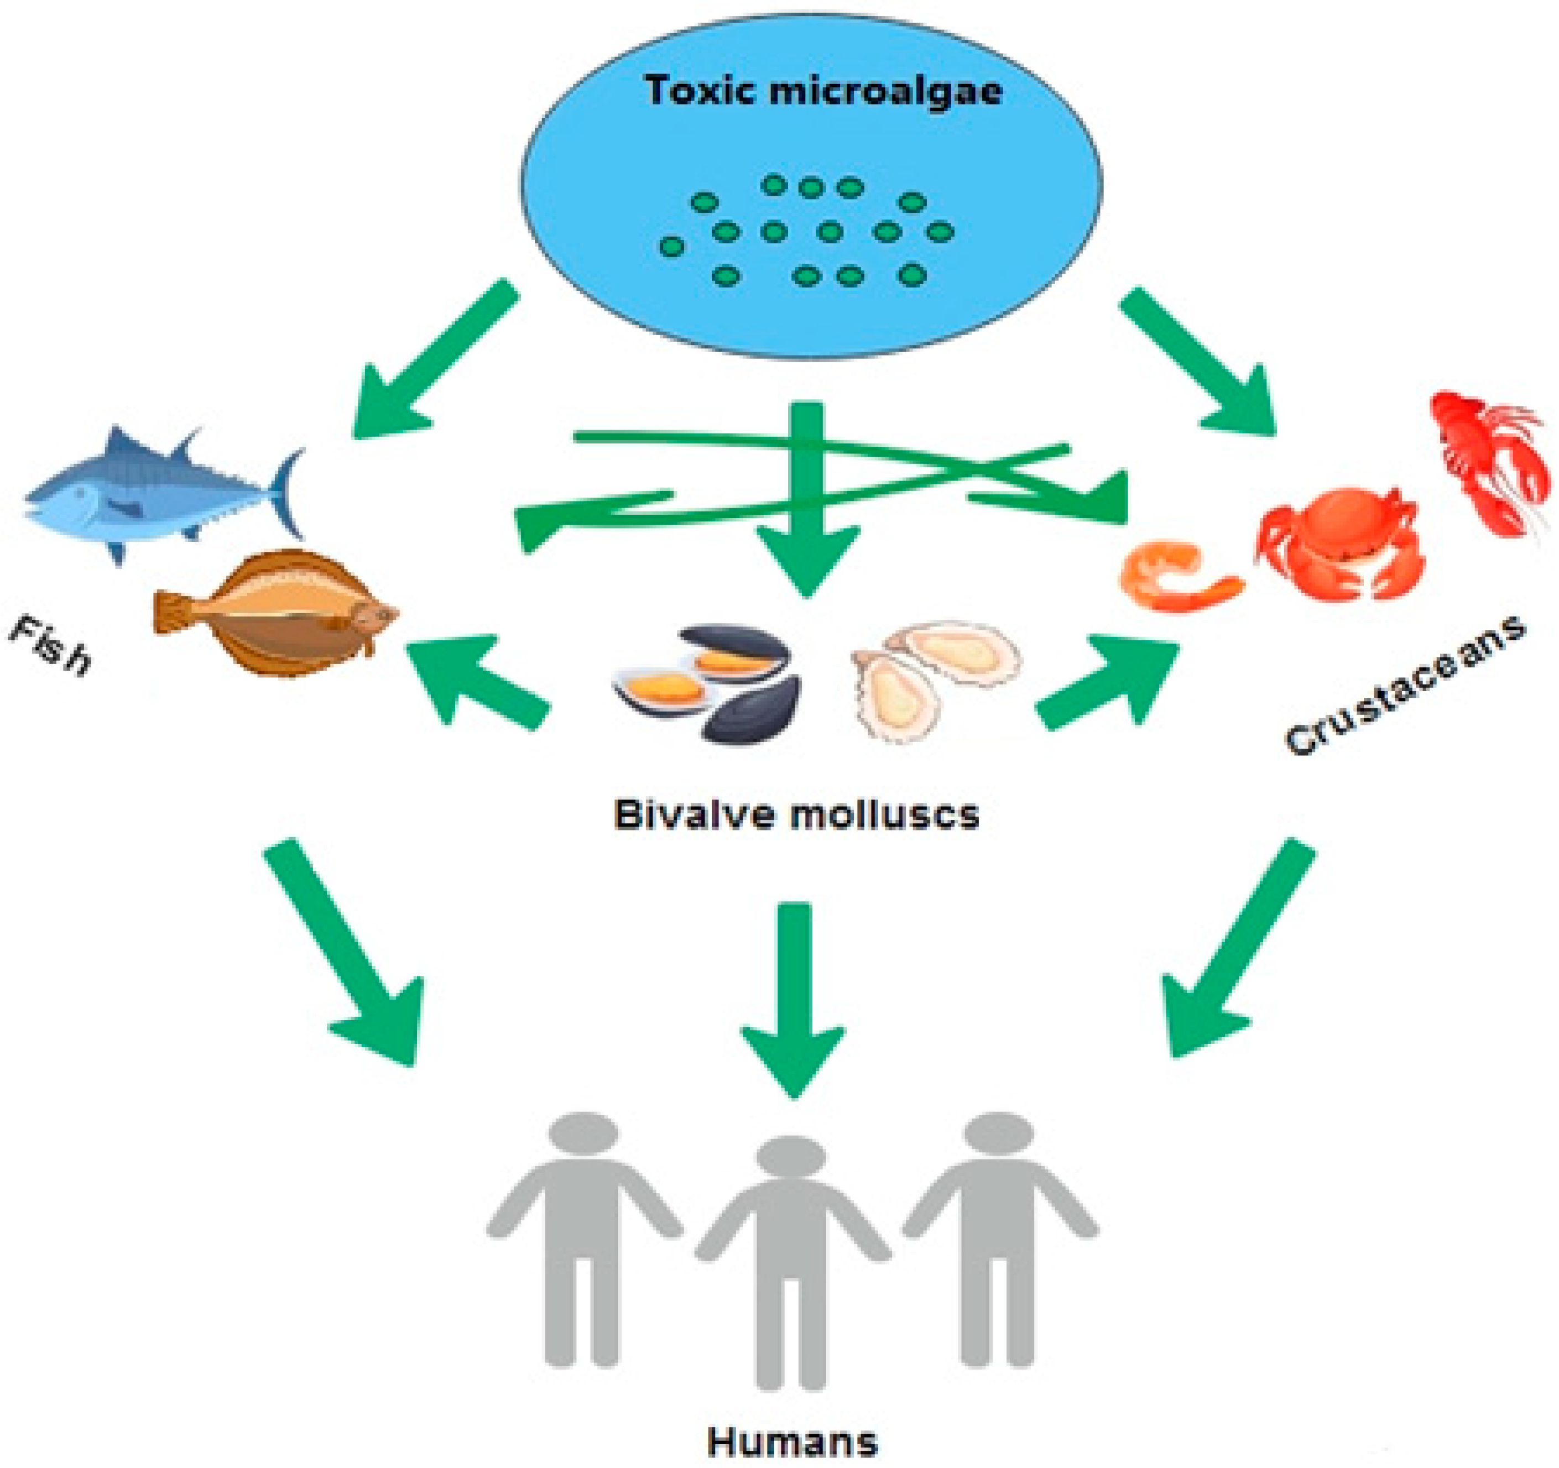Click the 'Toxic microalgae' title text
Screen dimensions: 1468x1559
(823, 91)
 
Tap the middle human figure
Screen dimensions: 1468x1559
(792, 1271)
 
